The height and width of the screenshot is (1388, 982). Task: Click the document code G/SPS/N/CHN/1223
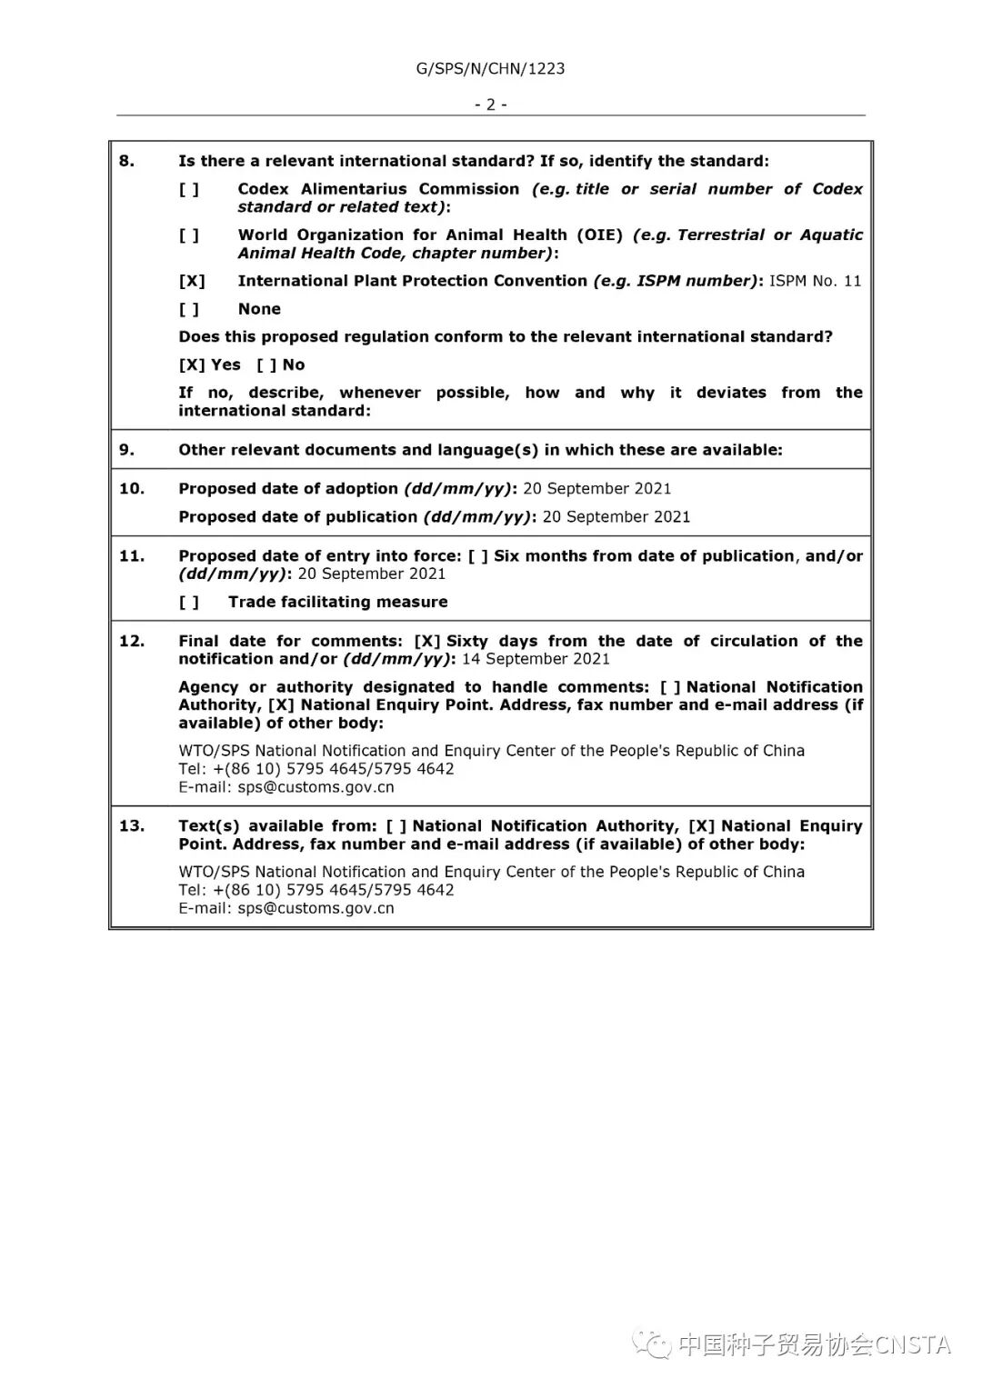tap(490, 68)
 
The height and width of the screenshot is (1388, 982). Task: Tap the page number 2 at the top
tap(490, 105)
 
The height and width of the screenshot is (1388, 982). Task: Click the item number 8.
tap(126, 161)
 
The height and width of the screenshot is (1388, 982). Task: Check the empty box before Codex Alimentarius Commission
tap(189, 189)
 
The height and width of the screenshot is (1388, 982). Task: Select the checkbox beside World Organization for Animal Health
tap(189, 235)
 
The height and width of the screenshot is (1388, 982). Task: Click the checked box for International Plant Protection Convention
tap(192, 281)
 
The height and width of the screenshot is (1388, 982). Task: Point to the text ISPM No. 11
tap(815, 281)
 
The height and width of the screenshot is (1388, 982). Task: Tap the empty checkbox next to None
tap(189, 309)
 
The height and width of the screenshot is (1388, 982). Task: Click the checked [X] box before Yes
tap(192, 364)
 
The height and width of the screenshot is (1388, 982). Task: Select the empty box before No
tap(266, 364)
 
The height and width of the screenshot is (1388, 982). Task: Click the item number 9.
tap(126, 450)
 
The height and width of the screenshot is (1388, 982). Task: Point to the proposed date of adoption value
tap(596, 489)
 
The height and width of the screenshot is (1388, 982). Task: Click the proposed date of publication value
tap(616, 517)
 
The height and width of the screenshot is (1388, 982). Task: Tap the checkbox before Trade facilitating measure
tap(189, 602)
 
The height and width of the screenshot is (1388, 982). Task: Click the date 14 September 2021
tap(536, 659)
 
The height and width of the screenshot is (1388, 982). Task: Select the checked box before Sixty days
tap(427, 641)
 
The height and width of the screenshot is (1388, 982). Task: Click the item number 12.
tap(131, 641)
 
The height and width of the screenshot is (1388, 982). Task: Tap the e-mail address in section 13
tap(316, 908)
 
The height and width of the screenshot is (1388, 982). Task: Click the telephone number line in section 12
tap(316, 769)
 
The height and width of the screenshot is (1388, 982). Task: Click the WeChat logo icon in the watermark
tap(653, 1344)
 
